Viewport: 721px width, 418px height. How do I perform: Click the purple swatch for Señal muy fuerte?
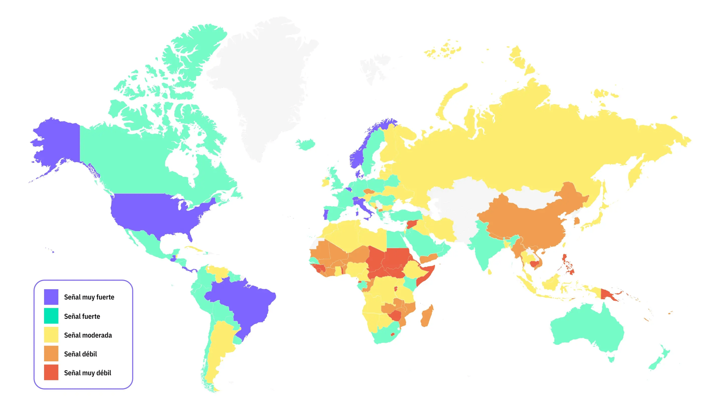click(x=51, y=297)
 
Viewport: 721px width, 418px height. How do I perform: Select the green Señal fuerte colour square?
click(x=51, y=316)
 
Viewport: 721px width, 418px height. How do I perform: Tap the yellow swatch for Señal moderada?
click(x=51, y=335)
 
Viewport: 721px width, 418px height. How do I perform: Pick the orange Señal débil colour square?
click(x=51, y=354)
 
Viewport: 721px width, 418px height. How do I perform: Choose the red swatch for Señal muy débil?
click(x=51, y=373)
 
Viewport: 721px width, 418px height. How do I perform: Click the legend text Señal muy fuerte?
click(x=89, y=297)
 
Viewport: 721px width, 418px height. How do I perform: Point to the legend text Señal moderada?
click(x=88, y=335)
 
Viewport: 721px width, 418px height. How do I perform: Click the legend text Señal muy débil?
click(x=88, y=373)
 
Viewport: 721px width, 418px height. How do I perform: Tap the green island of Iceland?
click(x=306, y=144)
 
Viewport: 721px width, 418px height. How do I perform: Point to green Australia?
click(x=588, y=328)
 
